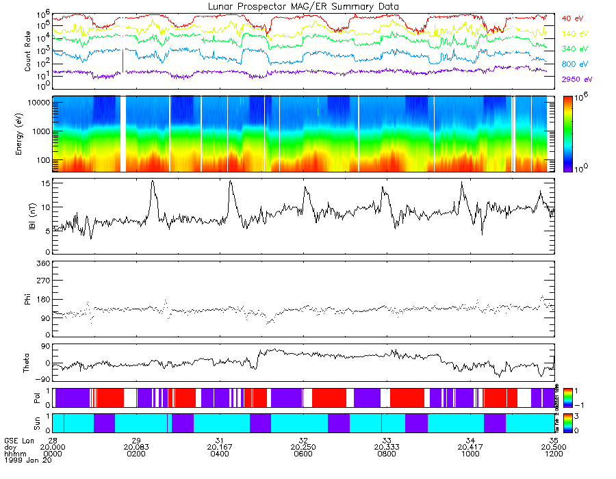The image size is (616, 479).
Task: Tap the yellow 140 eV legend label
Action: coord(575,34)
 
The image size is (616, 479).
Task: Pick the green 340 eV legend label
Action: coord(575,49)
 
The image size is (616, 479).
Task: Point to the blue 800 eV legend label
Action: coord(575,64)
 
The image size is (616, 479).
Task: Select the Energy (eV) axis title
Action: coord(28,135)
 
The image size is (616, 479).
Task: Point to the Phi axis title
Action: coord(28,298)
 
